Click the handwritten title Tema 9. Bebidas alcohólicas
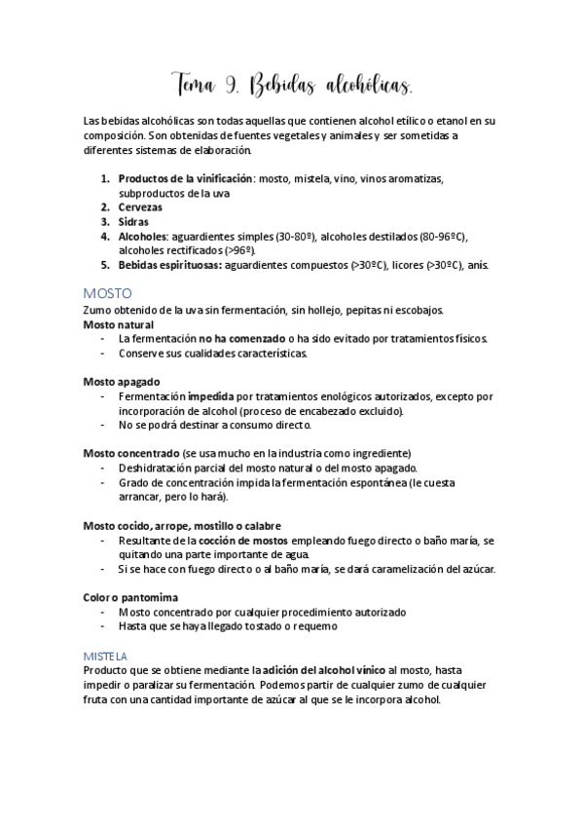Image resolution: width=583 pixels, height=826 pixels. (x=291, y=87)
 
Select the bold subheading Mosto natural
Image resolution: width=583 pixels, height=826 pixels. (x=118, y=324)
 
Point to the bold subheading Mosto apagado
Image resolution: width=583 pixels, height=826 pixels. (x=122, y=381)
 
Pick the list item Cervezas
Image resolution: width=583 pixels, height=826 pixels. (x=140, y=207)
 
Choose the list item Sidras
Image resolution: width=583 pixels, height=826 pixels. (x=134, y=221)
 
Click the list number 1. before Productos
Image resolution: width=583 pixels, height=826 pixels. (x=105, y=179)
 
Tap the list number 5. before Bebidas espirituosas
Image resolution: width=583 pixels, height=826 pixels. (x=105, y=264)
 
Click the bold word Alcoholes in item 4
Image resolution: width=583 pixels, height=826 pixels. (x=143, y=236)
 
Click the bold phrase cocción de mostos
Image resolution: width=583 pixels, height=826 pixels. (x=238, y=540)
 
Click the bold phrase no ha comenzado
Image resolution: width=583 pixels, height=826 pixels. (x=237, y=338)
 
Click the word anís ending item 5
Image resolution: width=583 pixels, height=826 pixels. (x=479, y=264)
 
